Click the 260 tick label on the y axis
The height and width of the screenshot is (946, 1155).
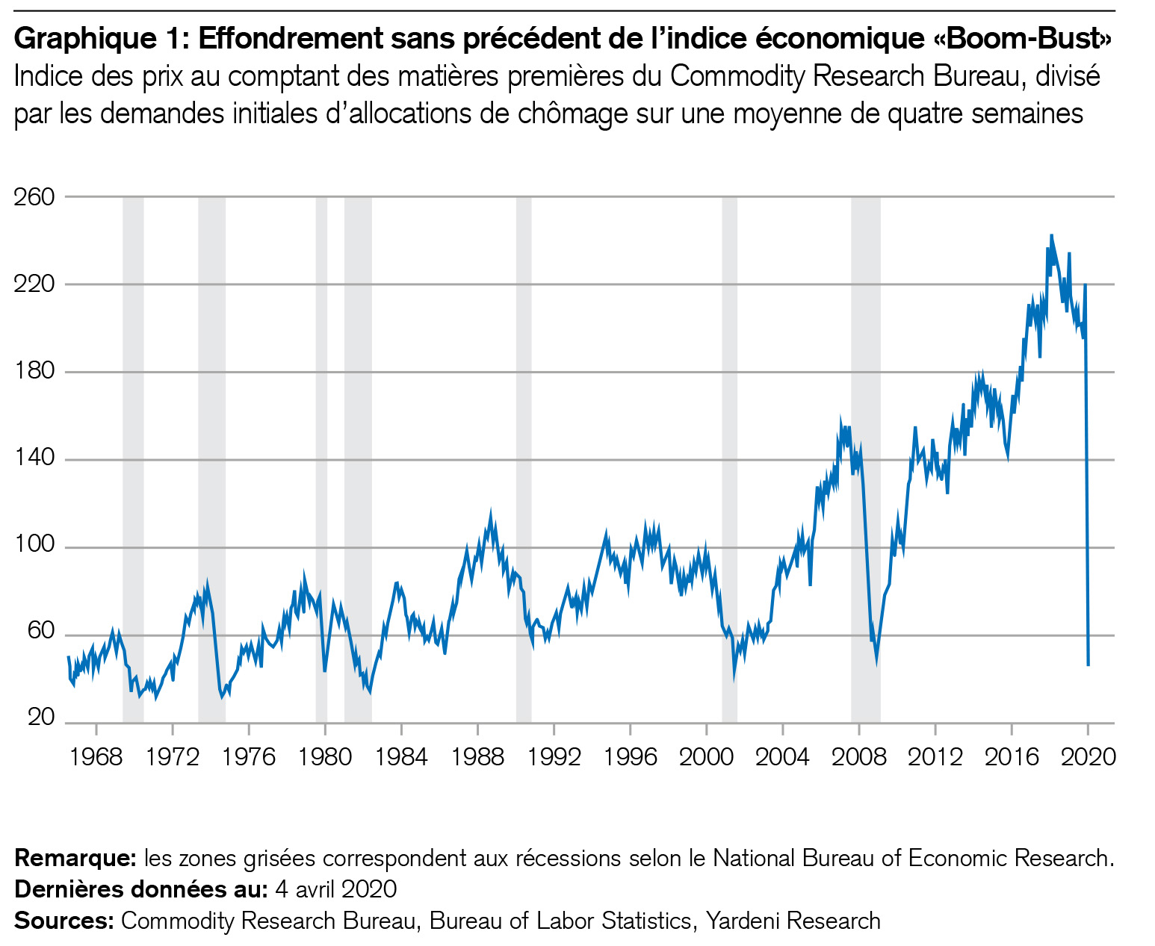34,197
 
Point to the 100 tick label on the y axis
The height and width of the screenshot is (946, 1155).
34,545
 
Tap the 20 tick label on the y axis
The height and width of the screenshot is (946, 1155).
41,718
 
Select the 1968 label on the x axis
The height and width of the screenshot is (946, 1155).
96,757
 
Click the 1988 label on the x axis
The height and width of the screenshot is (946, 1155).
477,757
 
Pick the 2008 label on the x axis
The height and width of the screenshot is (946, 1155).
858,757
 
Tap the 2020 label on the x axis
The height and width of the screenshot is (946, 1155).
1088,757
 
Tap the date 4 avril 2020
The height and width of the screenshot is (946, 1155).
335,890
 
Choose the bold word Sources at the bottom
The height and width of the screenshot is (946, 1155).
64,921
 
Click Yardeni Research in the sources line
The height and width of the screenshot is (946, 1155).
793,921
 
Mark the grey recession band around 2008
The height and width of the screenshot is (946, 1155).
865,448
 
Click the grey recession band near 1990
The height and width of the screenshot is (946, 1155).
524,448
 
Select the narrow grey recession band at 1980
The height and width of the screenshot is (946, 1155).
321,448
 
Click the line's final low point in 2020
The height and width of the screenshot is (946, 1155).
1089,665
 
